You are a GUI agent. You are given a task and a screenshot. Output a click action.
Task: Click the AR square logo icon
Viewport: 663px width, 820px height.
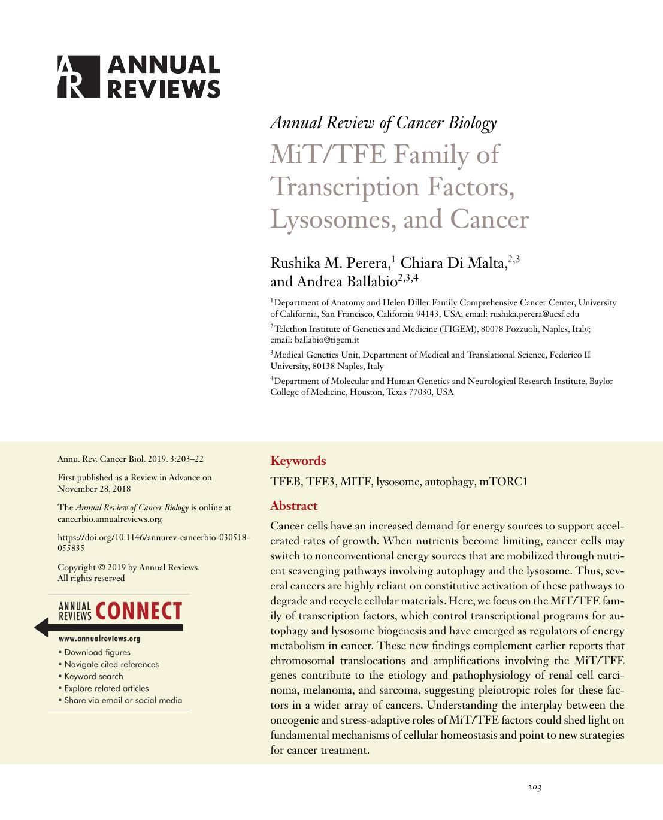click(78, 77)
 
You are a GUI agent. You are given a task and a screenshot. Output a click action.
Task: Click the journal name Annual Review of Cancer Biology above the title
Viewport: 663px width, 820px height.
click(383, 123)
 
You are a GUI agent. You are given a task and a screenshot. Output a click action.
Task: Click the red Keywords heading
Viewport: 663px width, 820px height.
click(298, 461)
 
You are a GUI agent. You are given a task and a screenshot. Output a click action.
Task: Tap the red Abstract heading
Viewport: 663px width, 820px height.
click(293, 506)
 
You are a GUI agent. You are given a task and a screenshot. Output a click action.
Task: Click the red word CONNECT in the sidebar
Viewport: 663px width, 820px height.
click(138, 612)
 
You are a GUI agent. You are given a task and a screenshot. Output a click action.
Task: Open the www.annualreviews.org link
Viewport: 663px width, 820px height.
click(99, 639)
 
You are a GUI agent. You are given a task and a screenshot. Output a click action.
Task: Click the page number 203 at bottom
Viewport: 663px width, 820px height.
click(534, 787)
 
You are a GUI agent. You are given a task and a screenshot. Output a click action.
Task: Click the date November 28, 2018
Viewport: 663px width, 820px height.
click(94, 489)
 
